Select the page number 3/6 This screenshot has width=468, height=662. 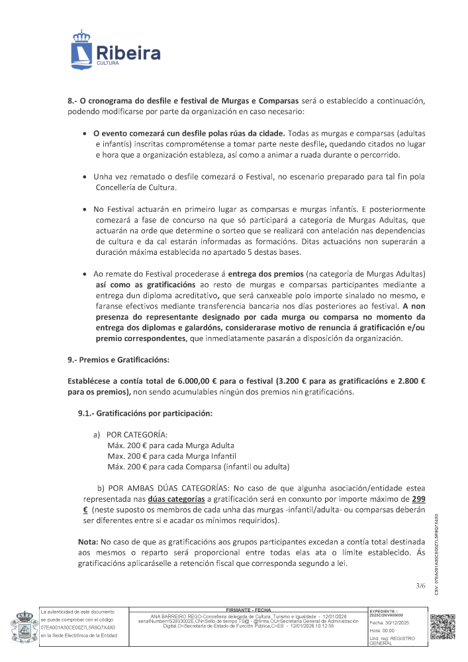[420, 585]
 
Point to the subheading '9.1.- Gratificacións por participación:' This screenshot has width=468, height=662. [146, 414]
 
